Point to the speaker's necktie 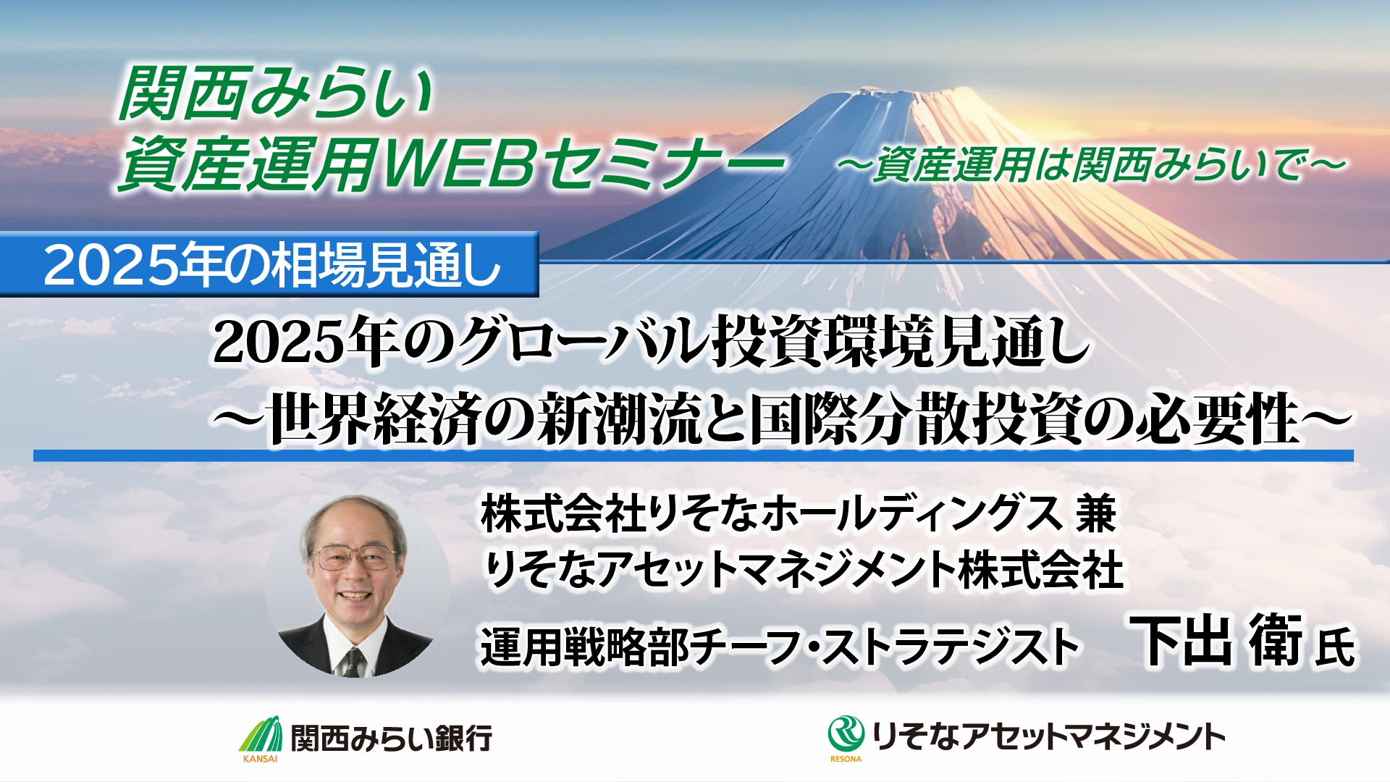[x=353, y=662]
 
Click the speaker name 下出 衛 [x=1216, y=641]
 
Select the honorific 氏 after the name [x=1335, y=647]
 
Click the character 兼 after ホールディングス [x=1095, y=513]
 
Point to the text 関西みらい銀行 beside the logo [x=392, y=738]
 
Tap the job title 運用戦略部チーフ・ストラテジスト [x=780, y=647]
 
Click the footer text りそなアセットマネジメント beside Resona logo [x=1049, y=736]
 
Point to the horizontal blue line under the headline [x=694, y=455]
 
